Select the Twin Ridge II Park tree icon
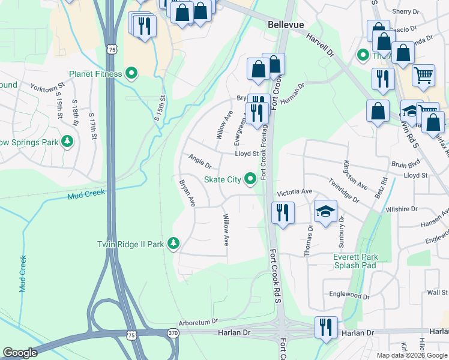(x=173, y=244)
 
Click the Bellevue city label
(x=285, y=24)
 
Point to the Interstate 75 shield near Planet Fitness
(x=112, y=50)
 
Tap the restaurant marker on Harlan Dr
(x=326, y=328)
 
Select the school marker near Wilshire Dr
(x=325, y=212)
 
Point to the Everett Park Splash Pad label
(x=355, y=261)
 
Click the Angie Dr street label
(x=200, y=161)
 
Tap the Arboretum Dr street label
(x=200, y=322)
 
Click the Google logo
(x=20, y=352)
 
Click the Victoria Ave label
(x=294, y=191)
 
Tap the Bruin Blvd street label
(x=405, y=163)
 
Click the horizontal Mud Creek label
(x=86, y=193)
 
